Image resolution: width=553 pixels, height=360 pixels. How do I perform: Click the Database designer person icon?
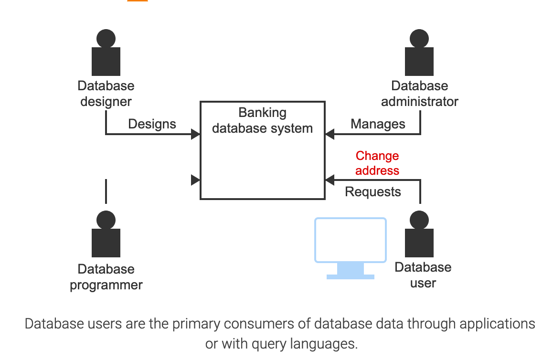(106, 53)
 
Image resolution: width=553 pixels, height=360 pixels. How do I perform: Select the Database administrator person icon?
(419, 53)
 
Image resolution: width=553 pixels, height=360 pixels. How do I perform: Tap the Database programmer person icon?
(106, 235)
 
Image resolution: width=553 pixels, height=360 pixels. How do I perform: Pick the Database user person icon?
(419, 235)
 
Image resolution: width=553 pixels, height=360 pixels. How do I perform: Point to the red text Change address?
(377, 163)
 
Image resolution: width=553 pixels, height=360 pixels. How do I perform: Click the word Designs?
(152, 124)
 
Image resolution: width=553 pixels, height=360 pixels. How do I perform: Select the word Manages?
(378, 124)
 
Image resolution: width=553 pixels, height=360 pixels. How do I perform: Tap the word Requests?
(373, 192)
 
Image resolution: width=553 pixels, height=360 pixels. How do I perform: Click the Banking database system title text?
(262, 120)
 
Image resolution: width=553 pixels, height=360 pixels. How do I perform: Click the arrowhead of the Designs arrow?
(195, 134)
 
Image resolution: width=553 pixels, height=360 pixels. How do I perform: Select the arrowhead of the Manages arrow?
(330, 134)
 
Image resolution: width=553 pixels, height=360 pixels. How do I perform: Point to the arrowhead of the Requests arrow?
(330, 180)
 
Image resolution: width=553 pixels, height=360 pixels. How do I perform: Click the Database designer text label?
(106, 94)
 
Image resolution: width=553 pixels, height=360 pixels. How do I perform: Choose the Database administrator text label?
(419, 94)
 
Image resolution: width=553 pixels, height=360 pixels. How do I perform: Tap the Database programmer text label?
(106, 277)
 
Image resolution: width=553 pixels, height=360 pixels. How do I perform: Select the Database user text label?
(423, 275)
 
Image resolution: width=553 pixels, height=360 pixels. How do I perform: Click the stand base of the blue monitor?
(350, 276)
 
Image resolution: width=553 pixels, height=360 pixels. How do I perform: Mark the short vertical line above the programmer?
(106, 191)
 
